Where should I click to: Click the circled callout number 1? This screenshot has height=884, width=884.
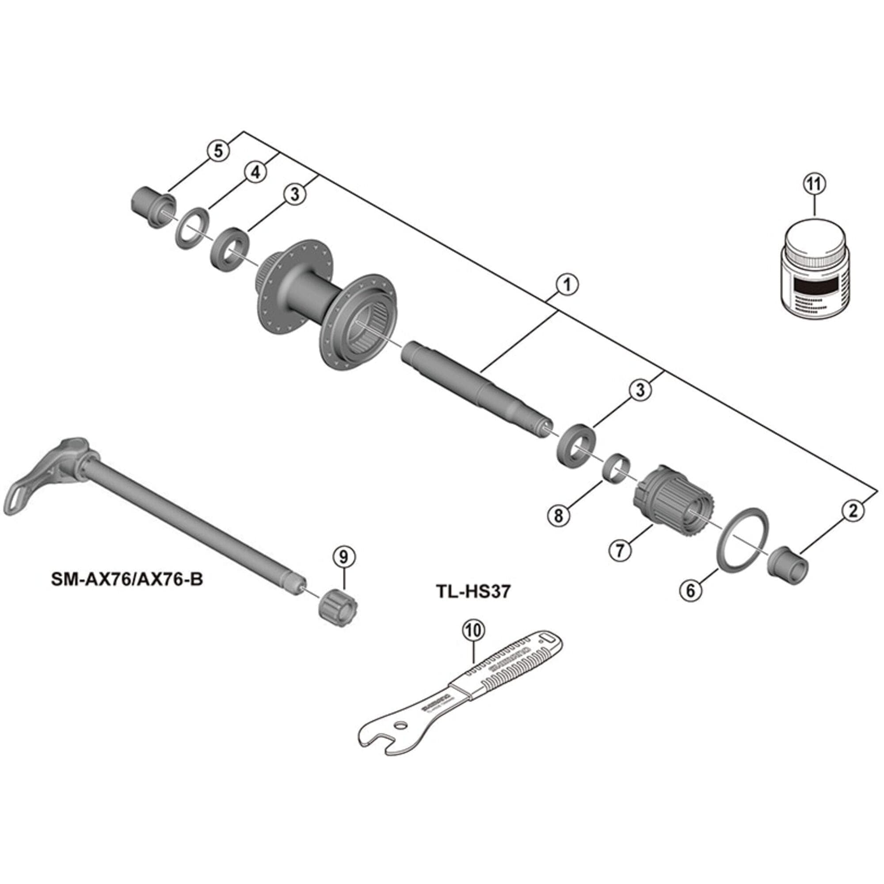point(567,285)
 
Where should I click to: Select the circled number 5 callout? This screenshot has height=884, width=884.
point(218,150)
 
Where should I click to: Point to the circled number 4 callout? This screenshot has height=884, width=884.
point(255,172)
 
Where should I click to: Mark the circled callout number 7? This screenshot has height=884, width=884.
point(620,550)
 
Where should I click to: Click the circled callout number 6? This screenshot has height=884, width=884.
point(690,590)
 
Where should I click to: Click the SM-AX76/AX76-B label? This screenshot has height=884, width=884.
point(127,579)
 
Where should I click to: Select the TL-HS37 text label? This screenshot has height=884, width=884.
point(472,592)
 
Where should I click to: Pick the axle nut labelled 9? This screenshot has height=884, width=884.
point(338,606)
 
